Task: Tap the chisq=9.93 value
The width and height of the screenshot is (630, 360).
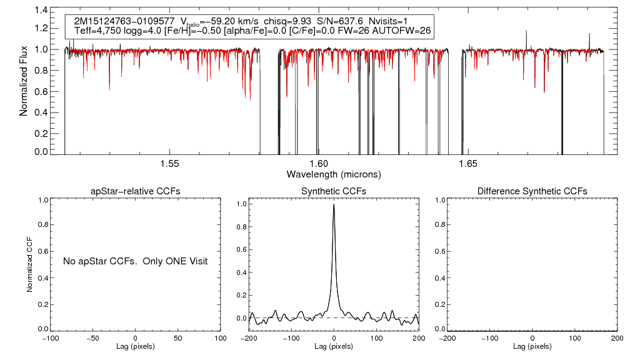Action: (287, 21)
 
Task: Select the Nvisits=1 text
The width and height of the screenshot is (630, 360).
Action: (391, 21)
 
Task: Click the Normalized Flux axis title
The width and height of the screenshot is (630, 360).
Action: (25, 81)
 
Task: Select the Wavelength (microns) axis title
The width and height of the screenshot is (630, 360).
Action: (334, 174)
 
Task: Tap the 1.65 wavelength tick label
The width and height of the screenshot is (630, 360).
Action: (468, 164)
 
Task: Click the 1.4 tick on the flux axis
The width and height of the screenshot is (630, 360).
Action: (41, 11)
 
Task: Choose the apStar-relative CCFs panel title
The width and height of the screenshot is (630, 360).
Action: (136, 191)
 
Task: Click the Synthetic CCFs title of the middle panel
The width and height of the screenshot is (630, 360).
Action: (334, 191)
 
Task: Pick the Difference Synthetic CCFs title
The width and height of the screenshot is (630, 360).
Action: (532, 191)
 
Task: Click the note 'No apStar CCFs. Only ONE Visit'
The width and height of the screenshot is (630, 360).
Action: (135, 261)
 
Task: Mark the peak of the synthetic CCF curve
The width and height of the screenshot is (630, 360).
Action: (334, 204)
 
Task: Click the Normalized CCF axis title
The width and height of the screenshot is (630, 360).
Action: (29, 262)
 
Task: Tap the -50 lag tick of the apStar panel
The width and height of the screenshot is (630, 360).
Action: (93, 338)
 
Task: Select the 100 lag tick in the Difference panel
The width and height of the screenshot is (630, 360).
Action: (574, 338)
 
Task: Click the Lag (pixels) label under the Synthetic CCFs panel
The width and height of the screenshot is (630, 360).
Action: (334, 346)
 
